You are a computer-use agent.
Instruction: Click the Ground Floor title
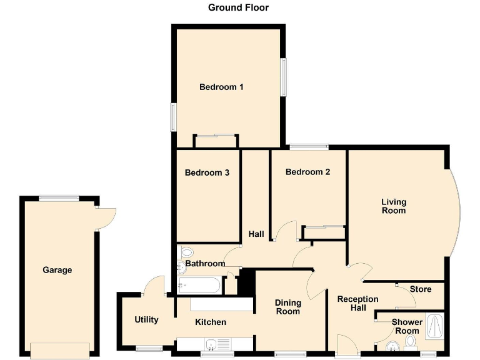[x=238, y=7]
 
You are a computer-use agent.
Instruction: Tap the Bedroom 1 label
[x=221, y=87]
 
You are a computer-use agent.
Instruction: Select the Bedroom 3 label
[x=207, y=172]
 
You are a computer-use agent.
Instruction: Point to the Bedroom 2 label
[x=307, y=172]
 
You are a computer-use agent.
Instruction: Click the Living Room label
[x=394, y=206]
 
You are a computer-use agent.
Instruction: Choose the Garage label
[x=57, y=270]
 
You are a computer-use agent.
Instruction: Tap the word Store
[x=420, y=289]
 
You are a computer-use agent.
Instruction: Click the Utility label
[x=147, y=319]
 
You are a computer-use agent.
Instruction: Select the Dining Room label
[x=287, y=307]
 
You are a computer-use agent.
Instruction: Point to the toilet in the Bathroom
[x=186, y=252]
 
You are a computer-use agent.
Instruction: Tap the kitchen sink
[x=212, y=344]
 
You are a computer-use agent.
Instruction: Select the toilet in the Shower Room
[x=411, y=342]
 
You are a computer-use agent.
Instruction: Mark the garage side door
[x=106, y=216]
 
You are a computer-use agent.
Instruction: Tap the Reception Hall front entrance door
[x=346, y=344]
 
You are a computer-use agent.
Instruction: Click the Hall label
[x=256, y=234]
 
